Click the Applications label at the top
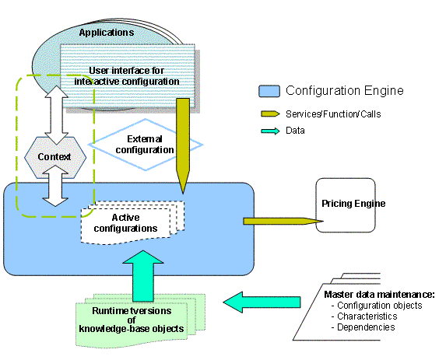(106, 33)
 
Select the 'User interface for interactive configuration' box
(129, 75)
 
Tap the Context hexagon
(54, 157)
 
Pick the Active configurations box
(130, 222)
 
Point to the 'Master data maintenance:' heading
(379, 294)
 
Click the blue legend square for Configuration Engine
(269, 91)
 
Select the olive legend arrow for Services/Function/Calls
(269, 114)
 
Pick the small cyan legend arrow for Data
(269, 131)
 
